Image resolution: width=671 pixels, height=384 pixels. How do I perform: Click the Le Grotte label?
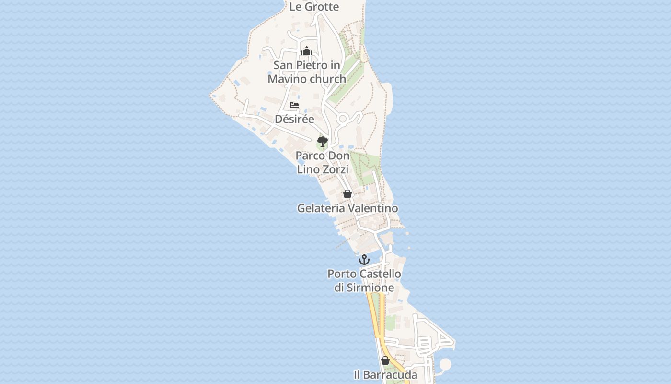coord(314,7)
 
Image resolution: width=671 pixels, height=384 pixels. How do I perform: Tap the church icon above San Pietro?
coord(307,51)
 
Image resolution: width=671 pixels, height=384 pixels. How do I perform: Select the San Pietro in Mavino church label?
coord(307,72)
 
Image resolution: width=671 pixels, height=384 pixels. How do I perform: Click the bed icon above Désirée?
coord(294,105)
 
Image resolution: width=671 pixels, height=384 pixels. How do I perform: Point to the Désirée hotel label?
coord(294,119)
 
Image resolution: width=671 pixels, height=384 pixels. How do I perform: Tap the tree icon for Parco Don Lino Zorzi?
coord(323,141)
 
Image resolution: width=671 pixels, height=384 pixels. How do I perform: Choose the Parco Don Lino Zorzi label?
coord(323,162)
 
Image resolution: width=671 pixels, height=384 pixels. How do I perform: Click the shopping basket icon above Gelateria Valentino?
coord(347,194)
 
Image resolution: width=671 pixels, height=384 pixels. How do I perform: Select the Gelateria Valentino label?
coord(347,208)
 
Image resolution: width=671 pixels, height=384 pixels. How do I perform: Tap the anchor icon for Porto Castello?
coord(365,260)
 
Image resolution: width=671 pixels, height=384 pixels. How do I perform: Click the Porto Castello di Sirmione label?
coord(364,281)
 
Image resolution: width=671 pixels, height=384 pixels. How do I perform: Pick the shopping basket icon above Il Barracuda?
coord(385,360)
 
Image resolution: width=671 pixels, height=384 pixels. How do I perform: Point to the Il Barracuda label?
coord(385,375)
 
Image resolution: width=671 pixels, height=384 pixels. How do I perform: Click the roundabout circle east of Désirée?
coord(343,119)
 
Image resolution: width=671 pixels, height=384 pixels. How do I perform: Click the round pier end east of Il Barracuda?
coord(445,364)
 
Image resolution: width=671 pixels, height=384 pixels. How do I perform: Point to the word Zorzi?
coord(335,169)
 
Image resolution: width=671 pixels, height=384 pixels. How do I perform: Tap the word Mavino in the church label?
coord(286,79)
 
